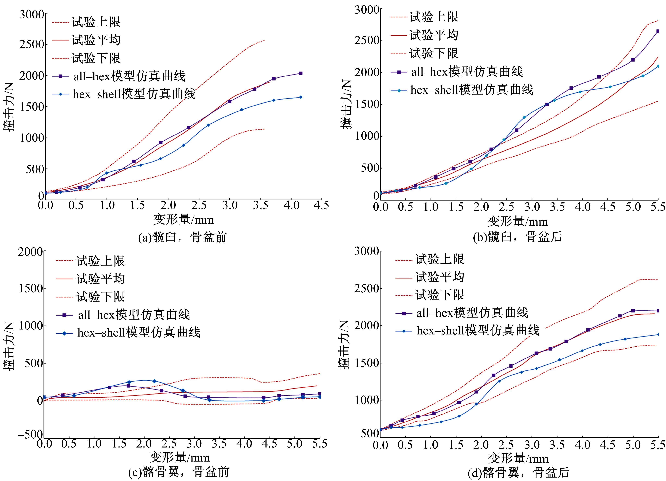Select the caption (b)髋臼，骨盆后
[517, 236]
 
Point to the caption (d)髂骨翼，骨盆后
[518, 472]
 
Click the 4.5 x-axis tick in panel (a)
[321, 205]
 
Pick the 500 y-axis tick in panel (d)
[366, 434]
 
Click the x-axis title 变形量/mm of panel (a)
[184, 220]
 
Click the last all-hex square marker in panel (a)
[300, 73]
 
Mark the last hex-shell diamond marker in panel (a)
[300, 97]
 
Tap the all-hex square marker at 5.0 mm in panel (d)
[633, 311]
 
